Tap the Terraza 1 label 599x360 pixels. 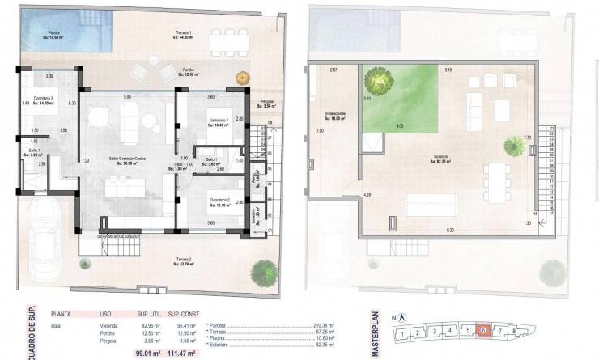pyautogui.click(x=185, y=34)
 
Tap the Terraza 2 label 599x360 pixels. pyautogui.click(x=186, y=261)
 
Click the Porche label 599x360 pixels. pyautogui.click(x=189, y=71)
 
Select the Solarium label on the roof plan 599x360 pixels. pyautogui.click(x=441, y=159)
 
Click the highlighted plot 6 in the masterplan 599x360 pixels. pyautogui.click(x=483, y=330)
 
